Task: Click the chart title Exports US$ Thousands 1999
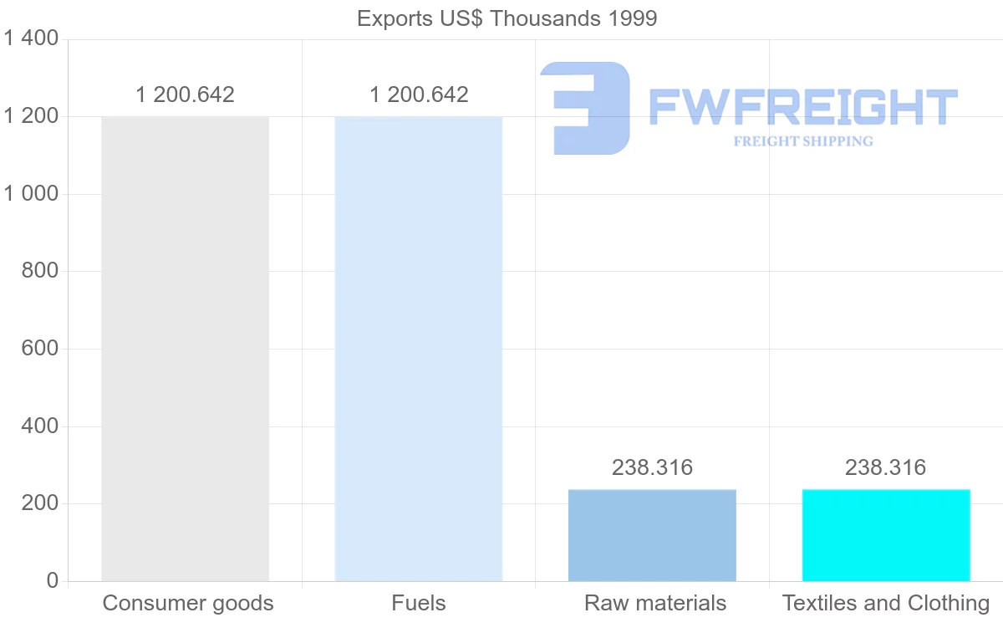coord(507,18)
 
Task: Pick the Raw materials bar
coord(652,535)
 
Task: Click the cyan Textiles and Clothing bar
coord(886,535)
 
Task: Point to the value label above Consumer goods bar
coord(185,94)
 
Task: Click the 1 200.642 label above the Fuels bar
coord(419,94)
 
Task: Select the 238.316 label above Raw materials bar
coord(652,467)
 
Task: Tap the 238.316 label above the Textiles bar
coord(885,467)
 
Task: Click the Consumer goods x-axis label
coord(188,603)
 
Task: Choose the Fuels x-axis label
coord(418,603)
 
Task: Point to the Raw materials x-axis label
coord(654,603)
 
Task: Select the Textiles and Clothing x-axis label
coord(885,603)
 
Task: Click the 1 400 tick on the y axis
coord(31,38)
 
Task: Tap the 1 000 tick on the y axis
coord(31,194)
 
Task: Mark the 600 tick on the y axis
coord(39,349)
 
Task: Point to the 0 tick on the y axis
coord(52,581)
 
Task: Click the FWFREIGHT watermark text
coord(802,107)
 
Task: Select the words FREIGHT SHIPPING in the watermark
coord(803,141)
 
